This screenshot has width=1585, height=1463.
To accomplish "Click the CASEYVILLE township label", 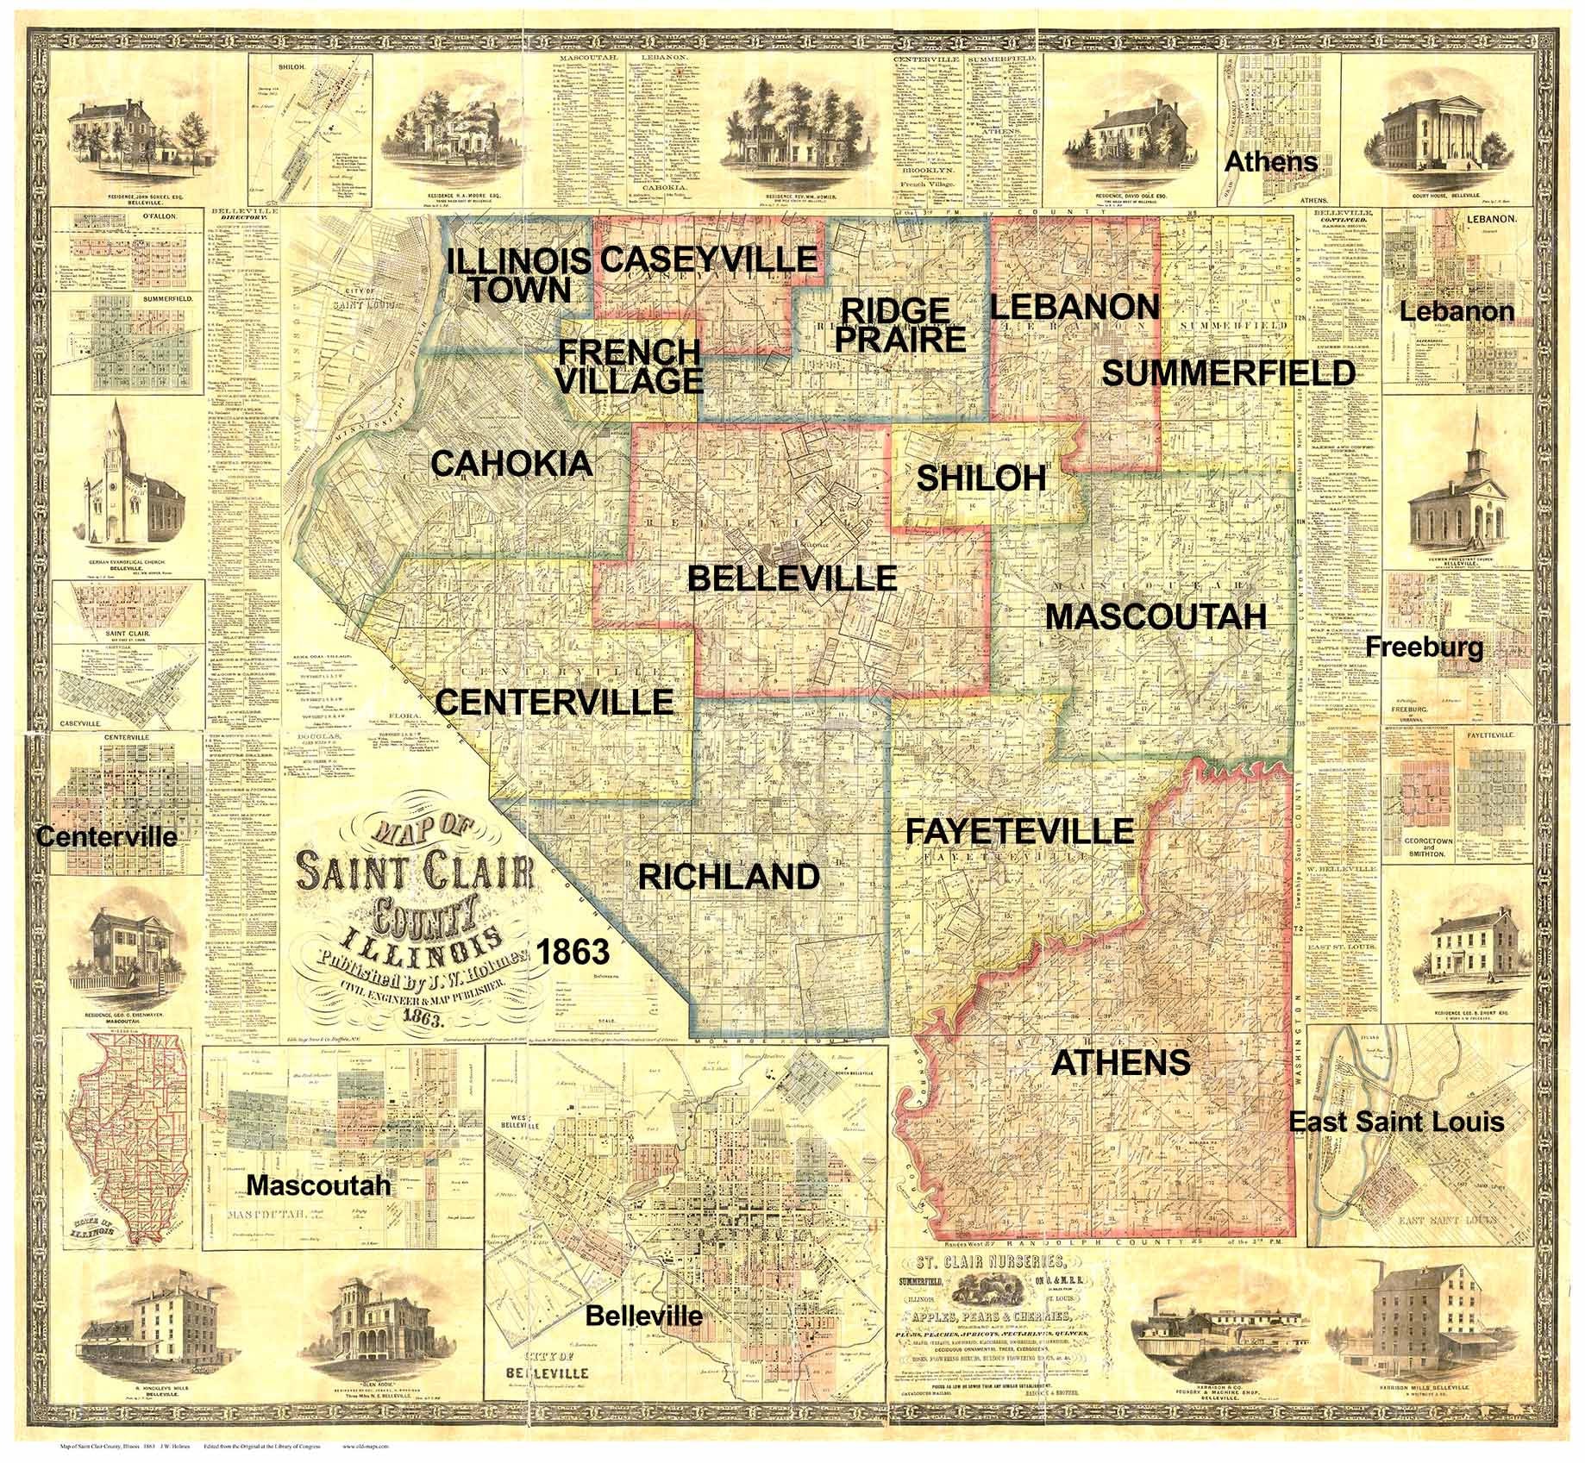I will pyautogui.click(x=708, y=259).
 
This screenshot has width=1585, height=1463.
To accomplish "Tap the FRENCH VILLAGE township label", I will pyautogui.click(x=630, y=366).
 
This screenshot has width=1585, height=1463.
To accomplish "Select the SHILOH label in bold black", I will pyautogui.click(x=980, y=478).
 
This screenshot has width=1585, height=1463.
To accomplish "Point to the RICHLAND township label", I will pyautogui.click(x=729, y=876).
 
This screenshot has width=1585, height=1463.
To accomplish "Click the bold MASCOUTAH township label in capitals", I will pyautogui.click(x=1156, y=616).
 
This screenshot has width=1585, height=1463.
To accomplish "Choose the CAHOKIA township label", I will pyautogui.click(x=511, y=464).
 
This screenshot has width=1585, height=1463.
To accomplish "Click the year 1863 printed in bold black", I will pyautogui.click(x=573, y=952).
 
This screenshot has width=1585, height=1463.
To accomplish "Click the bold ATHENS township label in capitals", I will pyautogui.click(x=1121, y=1062).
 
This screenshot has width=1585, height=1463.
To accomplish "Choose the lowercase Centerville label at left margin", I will pyautogui.click(x=106, y=836).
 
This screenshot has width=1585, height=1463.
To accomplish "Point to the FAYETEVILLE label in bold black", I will pyautogui.click(x=1018, y=830).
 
